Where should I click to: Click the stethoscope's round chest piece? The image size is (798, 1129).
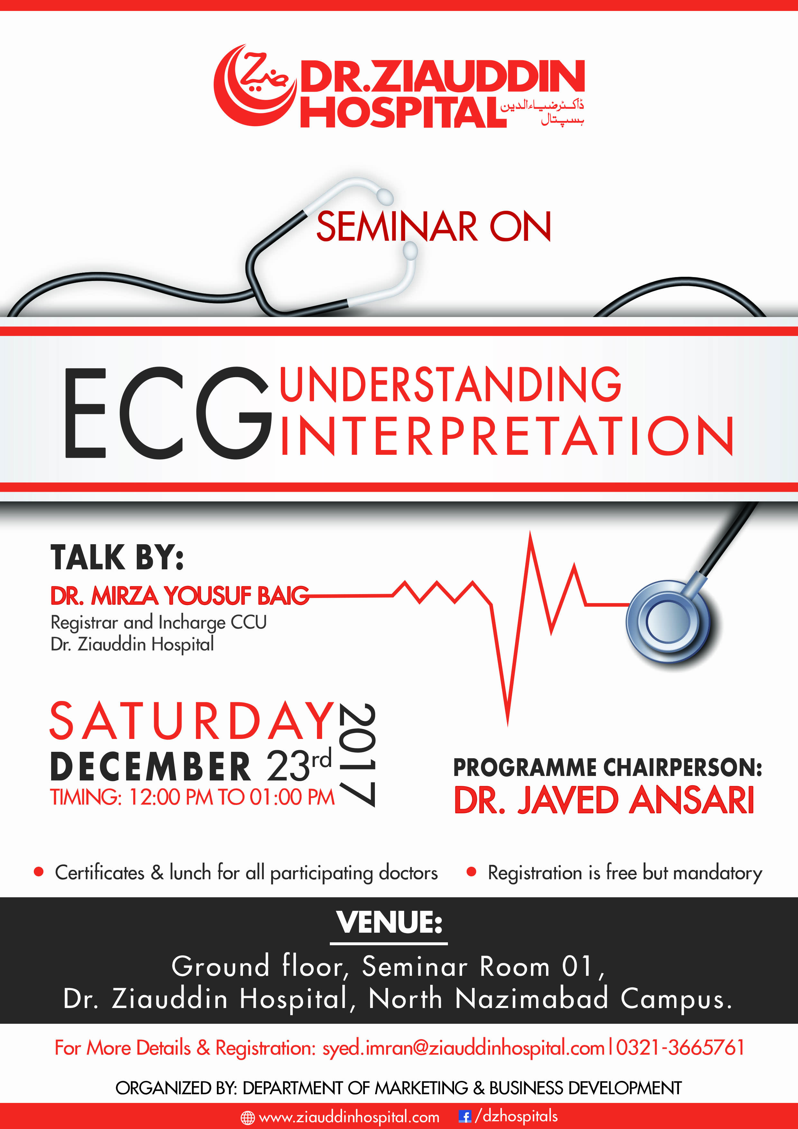click(x=668, y=621)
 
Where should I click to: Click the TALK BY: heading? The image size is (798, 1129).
click(x=117, y=558)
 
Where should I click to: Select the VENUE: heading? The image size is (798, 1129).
click(x=389, y=922)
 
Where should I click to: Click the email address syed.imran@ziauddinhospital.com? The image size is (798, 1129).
click(x=463, y=1048)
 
